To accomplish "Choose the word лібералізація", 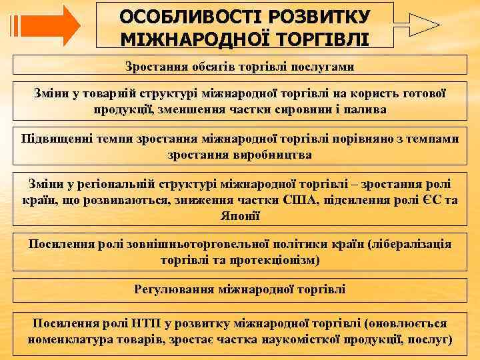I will pyautogui.click(x=410, y=245).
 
